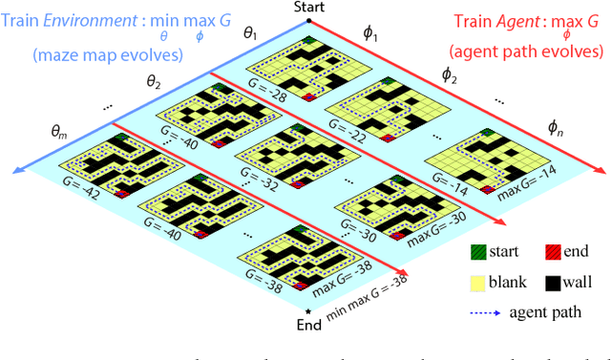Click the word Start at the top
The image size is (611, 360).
click(x=306, y=9)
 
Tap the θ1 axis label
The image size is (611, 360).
click(x=251, y=34)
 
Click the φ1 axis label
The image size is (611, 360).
click(x=370, y=34)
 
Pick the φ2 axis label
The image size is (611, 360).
click(x=449, y=74)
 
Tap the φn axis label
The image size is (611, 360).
click(x=556, y=126)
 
